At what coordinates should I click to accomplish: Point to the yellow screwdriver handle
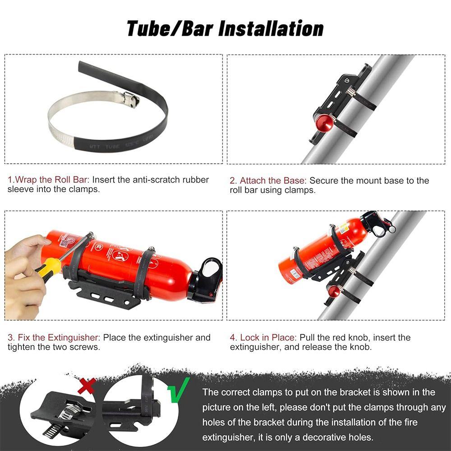[49, 270]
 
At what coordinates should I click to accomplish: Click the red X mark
[87, 386]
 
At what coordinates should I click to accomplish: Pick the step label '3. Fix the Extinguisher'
[55, 337]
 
